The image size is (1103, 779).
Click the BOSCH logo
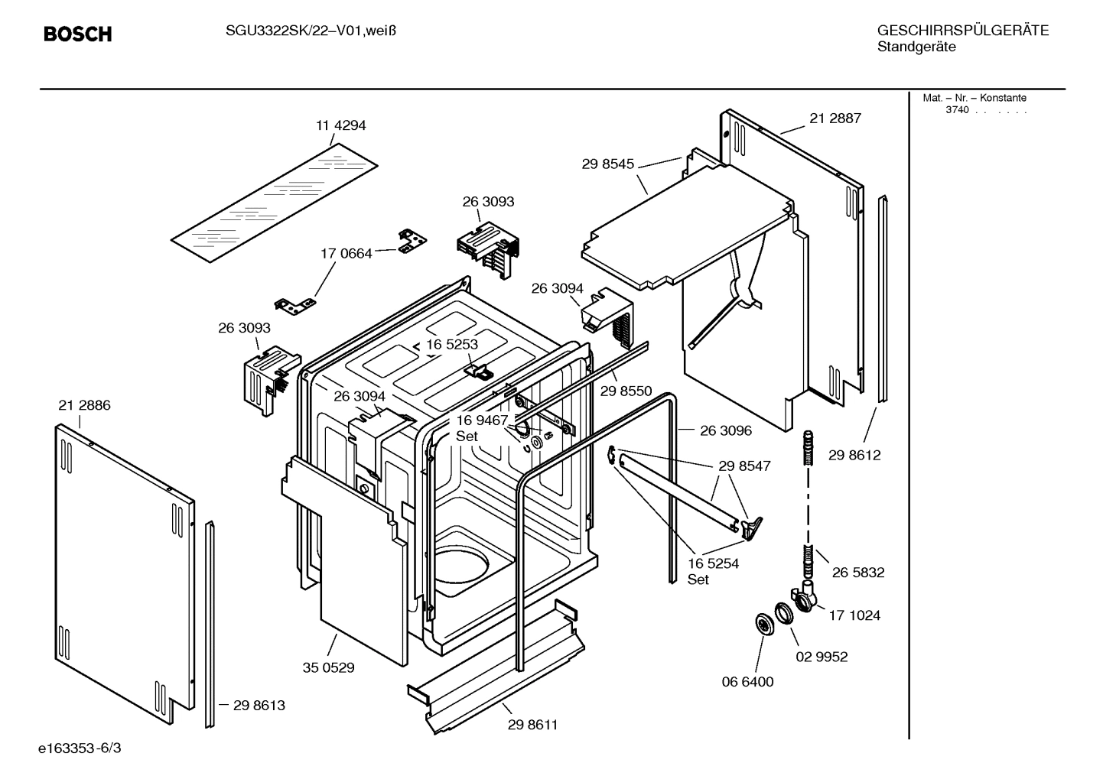tap(77, 34)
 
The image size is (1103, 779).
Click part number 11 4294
tap(340, 125)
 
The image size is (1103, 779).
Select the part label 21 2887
tap(835, 118)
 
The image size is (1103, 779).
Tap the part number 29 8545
tap(607, 163)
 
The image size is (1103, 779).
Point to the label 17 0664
tap(346, 253)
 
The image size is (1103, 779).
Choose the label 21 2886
tap(84, 405)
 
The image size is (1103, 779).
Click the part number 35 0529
tap(328, 667)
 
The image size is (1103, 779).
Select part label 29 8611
tap(532, 725)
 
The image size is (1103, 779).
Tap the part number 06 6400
tap(748, 681)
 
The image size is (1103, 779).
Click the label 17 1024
tap(854, 615)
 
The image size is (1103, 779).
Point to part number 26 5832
tap(858, 572)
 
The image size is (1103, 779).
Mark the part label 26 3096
tap(725, 430)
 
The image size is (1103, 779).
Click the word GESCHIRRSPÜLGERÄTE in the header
tap(962, 31)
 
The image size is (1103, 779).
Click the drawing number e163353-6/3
tap(80, 747)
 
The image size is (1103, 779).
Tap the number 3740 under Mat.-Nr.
tap(957, 110)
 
